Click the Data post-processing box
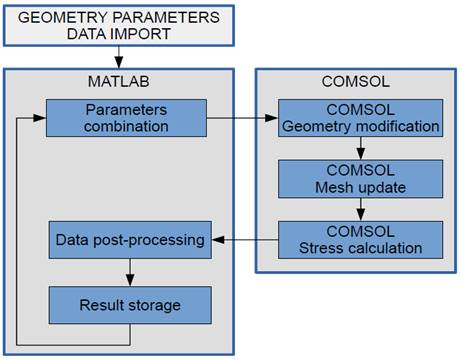129,241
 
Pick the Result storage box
129,304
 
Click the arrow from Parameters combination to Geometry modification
241,117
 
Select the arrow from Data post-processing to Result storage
129,272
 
